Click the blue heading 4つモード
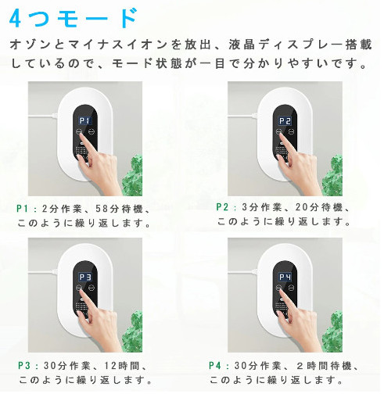point(74,18)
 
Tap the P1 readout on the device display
point(85,120)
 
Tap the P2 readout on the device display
point(285,120)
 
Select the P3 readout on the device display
point(85,277)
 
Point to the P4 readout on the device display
point(285,277)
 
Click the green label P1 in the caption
point(23,209)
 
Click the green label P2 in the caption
point(222,207)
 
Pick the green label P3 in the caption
point(24,366)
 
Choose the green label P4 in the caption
point(215,366)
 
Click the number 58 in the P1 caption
point(102,209)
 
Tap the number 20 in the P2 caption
point(302,207)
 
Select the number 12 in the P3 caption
point(110,366)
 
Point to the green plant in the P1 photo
point(132,175)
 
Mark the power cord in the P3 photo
point(43,272)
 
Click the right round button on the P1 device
point(92,131)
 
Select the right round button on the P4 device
point(292,288)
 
